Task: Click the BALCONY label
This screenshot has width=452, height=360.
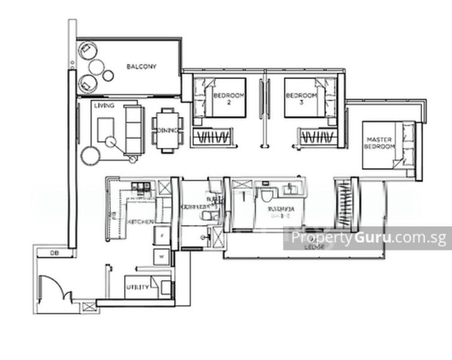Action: pyautogui.click(x=141, y=67)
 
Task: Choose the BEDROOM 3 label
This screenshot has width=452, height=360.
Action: pyautogui.click(x=300, y=95)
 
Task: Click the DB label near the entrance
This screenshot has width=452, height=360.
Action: pyautogui.click(x=53, y=254)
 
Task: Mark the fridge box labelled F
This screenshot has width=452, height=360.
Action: pyautogui.click(x=162, y=236)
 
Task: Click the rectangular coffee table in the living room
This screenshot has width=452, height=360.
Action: pyautogui.click(x=106, y=128)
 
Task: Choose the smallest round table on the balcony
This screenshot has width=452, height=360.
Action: pyautogui.click(x=108, y=75)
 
